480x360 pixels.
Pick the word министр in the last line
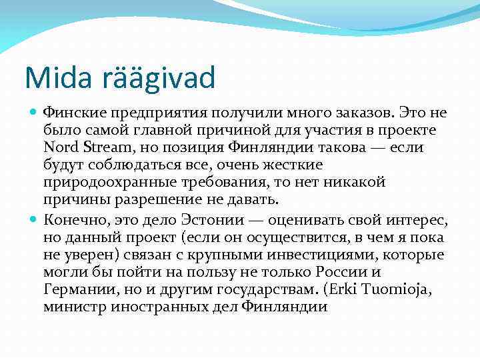pyautogui.click(x=74, y=307)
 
